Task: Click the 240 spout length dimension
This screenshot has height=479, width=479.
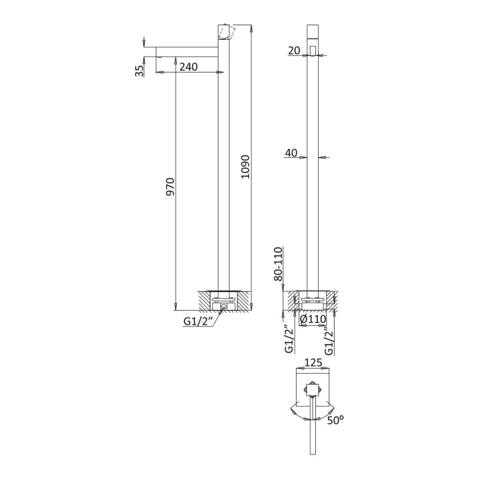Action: pyautogui.click(x=188, y=67)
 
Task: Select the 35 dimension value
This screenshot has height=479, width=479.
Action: pyautogui.click(x=139, y=71)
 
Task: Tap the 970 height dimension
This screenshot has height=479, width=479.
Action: pyautogui.click(x=170, y=187)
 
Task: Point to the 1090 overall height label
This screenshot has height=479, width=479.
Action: pyautogui.click(x=245, y=167)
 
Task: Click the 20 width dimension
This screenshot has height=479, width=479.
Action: pyautogui.click(x=294, y=51)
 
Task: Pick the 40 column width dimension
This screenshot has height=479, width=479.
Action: pyautogui.click(x=291, y=152)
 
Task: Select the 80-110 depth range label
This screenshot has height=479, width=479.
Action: pyautogui.click(x=278, y=264)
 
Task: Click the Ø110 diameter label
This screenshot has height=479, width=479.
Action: pyautogui.click(x=313, y=319)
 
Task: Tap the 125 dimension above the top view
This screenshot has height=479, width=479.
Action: pyautogui.click(x=313, y=363)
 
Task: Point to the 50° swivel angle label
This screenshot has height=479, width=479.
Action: pyautogui.click(x=335, y=420)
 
